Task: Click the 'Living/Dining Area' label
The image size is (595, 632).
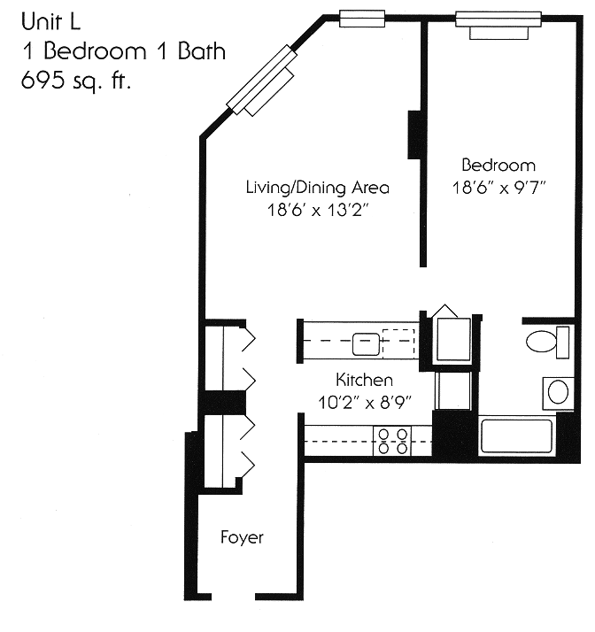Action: coord(318,188)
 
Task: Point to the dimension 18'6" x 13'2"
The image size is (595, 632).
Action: coord(318,212)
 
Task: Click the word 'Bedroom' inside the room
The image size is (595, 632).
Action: coord(498,166)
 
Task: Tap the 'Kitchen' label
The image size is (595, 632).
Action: coord(365,381)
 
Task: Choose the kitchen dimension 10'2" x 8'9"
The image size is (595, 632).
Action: coord(365,404)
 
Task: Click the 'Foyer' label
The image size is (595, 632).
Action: coord(242,537)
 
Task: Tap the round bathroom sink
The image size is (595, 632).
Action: coord(559,390)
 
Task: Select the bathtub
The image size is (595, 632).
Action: coord(516,437)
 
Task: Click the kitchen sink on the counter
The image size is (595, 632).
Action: coord(364,341)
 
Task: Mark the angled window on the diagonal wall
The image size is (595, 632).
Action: coord(261,80)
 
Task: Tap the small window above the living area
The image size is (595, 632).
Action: coord(362,17)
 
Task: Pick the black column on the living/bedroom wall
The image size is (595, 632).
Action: coord(414,135)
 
